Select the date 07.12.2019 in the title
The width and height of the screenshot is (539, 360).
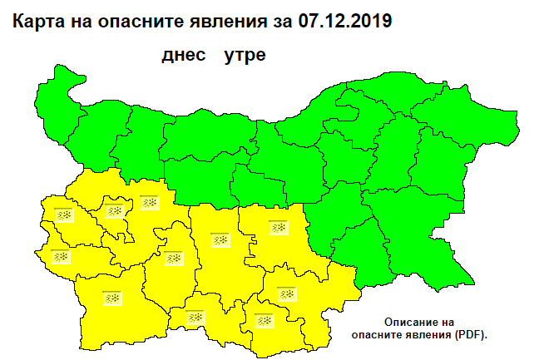(x=344, y=20)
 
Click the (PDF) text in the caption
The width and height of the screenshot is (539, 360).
(x=469, y=333)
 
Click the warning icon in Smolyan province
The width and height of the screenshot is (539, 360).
(x=195, y=317)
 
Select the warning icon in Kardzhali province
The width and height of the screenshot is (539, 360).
(x=265, y=320)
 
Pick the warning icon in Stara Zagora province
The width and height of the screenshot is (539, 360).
(x=278, y=226)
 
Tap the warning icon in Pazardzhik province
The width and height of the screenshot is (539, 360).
(x=173, y=258)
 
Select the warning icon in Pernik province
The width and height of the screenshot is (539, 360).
(x=64, y=215)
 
